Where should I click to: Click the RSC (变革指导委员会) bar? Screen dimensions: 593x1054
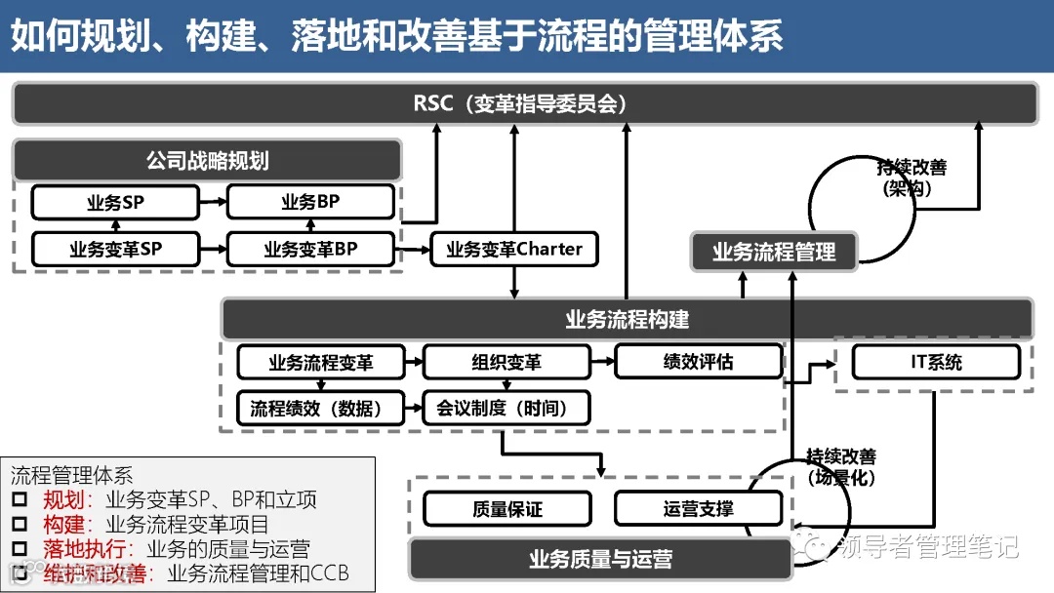(x=525, y=103)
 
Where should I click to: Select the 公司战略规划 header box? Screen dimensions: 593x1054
(x=207, y=160)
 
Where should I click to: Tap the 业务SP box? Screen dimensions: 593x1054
(x=114, y=203)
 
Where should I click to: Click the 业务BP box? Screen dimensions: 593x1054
(x=310, y=203)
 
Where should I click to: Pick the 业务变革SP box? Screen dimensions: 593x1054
(x=114, y=249)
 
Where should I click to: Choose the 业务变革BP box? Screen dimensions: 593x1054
(x=310, y=249)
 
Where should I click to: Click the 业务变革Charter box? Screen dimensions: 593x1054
(x=514, y=249)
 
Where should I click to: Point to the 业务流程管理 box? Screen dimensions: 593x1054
(x=774, y=253)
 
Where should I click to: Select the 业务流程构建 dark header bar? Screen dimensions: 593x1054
(x=627, y=319)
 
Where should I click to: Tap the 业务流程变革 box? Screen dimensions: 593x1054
(x=320, y=362)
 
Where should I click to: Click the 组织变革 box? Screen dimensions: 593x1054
(x=507, y=362)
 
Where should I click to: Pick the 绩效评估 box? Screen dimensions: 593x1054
(x=698, y=361)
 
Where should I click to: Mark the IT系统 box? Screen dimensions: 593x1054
(x=936, y=362)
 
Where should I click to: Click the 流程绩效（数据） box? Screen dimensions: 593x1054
(x=320, y=408)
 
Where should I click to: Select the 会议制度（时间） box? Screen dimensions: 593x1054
(x=507, y=408)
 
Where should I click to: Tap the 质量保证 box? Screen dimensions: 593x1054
(x=507, y=509)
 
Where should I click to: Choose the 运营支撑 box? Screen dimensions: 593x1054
(x=698, y=509)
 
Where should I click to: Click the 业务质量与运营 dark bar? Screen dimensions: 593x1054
(x=600, y=560)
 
